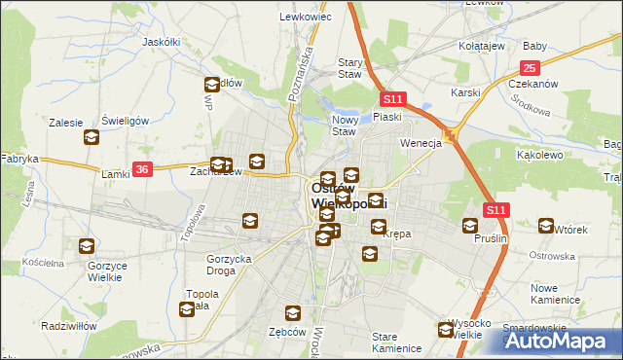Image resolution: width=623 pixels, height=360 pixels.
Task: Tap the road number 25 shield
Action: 530,67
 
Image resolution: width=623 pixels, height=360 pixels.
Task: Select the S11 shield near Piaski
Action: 392,99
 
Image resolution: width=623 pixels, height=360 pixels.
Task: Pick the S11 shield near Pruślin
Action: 496,209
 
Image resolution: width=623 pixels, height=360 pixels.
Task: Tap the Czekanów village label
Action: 532,84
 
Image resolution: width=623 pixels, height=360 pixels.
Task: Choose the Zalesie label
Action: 66,123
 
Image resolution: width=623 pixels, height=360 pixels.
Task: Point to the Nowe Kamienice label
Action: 556,293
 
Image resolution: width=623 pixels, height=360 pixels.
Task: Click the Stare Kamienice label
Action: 396,342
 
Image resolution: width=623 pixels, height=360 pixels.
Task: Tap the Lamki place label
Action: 116,174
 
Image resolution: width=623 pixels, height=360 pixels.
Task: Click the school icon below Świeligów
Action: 92,137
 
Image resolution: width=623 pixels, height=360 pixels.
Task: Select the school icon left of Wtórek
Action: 545,226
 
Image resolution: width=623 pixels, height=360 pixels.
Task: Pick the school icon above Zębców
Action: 292,312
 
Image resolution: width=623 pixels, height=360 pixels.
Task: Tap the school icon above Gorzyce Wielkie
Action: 87,246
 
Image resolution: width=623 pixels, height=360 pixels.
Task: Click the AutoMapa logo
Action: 561,341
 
